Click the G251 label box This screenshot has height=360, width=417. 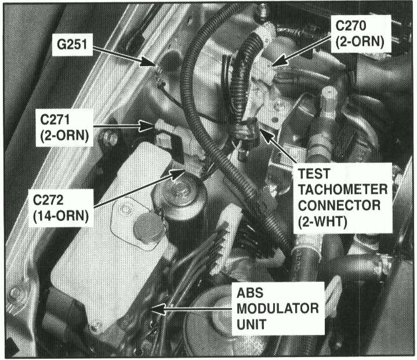[x=72, y=45]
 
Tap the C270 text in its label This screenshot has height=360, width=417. [x=350, y=26]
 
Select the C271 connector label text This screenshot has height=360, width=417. [x=55, y=119]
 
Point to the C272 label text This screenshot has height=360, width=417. [x=48, y=200]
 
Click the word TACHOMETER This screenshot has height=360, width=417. [x=343, y=190]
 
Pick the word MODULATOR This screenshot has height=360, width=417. [x=278, y=308]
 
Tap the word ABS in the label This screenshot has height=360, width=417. [x=250, y=293]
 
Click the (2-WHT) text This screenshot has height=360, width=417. [x=322, y=222]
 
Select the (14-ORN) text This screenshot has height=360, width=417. [x=61, y=216]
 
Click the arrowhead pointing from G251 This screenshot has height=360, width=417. [x=148, y=61]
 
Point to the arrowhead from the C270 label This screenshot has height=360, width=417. [x=279, y=61]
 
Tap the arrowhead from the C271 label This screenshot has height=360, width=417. [x=147, y=126]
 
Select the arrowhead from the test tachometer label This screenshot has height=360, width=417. [x=267, y=135]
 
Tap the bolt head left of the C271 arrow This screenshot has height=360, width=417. [x=109, y=139]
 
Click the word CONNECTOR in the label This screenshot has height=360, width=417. [x=339, y=206]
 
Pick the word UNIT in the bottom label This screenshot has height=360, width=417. [x=251, y=324]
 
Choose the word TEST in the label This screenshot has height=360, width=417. [x=314, y=174]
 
